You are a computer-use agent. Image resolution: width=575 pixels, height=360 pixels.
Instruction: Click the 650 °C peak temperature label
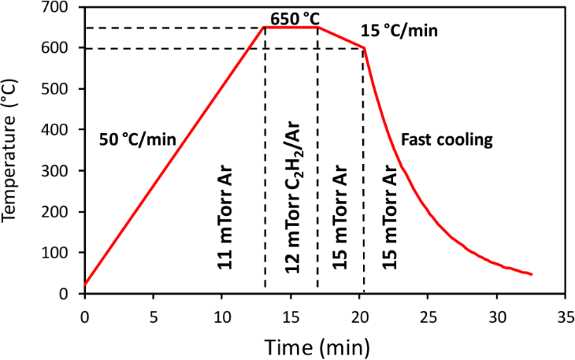point(300,17)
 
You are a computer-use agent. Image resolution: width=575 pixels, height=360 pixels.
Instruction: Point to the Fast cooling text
point(447,140)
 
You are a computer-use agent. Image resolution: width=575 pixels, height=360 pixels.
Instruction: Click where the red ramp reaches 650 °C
point(264,28)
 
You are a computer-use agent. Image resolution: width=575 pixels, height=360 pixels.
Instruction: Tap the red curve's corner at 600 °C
point(365,48)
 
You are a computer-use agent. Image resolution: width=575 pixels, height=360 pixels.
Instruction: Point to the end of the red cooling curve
point(532,274)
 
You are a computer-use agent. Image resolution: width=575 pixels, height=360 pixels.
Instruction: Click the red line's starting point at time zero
point(84,284)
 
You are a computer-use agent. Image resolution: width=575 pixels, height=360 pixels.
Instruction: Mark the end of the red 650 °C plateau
point(317,28)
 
